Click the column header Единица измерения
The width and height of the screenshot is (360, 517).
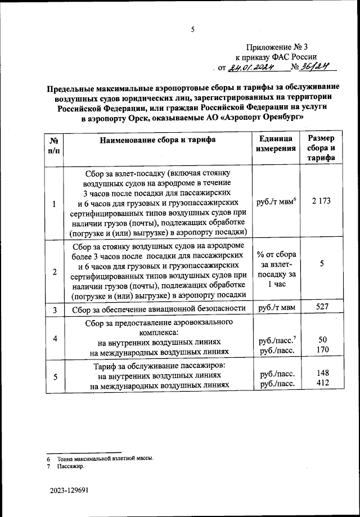(x=275, y=144)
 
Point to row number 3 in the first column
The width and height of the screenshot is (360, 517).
(x=54, y=309)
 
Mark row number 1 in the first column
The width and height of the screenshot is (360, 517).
(x=54, y=204)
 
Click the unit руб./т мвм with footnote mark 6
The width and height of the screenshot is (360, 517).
(x=275, y=203)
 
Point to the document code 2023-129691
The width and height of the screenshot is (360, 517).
(x=68, y=491)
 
